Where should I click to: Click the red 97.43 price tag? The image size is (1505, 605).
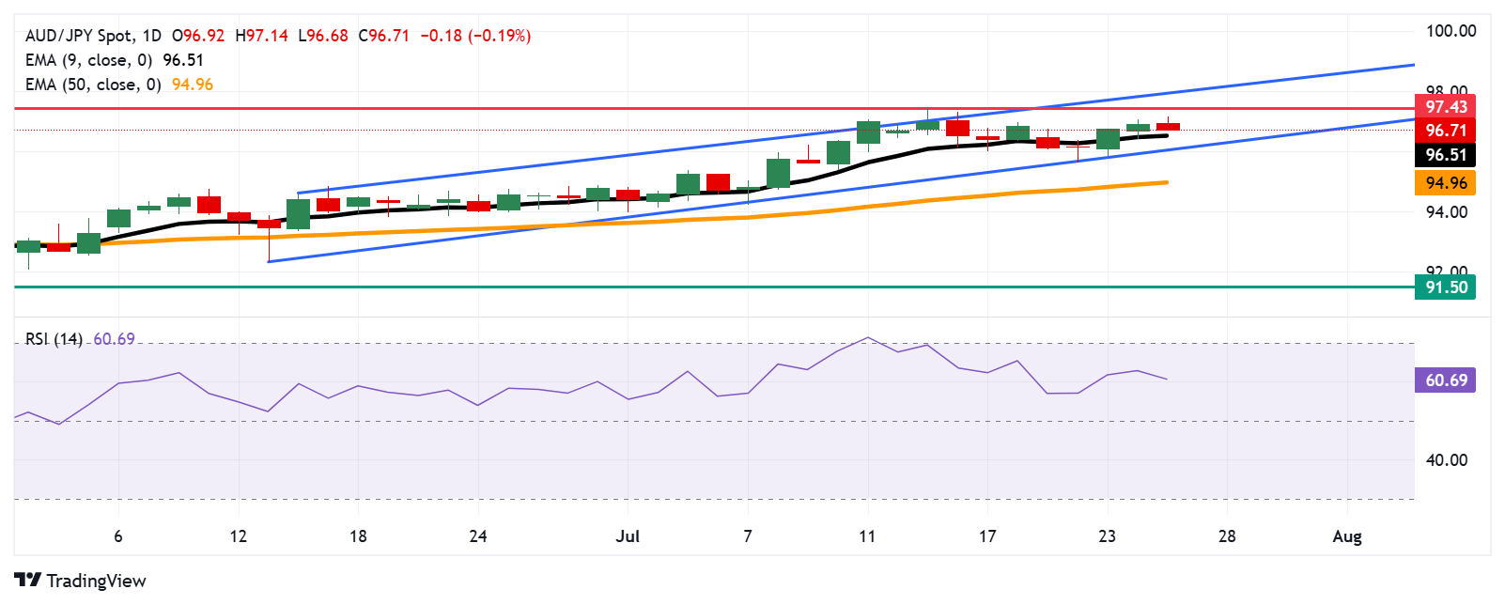coord(1445,107)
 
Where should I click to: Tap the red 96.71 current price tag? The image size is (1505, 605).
coord(1445,131)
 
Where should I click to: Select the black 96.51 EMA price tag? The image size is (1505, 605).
coord(1445,155)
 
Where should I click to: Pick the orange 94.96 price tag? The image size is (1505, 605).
coord(1445,183)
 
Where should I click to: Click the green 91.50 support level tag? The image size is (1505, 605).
coord(1445,287)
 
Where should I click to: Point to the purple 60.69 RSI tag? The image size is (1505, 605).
coord(1445,380)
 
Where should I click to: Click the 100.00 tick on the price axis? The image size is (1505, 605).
coord(1451,31)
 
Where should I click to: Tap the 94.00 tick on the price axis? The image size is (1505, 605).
coord(1447,212)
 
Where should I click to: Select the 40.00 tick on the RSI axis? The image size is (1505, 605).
coord(1447,460)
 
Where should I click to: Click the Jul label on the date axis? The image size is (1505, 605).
coord(628,536)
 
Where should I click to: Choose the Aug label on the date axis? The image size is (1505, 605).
coord(1347,536)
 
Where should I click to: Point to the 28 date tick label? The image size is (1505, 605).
coord(1227,536)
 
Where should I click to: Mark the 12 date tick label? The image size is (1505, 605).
coord(239,536)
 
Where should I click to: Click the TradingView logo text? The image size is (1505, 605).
coord(96,581)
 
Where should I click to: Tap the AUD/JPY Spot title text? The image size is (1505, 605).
coord(79,36)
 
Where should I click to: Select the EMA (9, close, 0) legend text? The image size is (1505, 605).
coord(88,60)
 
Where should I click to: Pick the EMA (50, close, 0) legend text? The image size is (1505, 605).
coord(93,85)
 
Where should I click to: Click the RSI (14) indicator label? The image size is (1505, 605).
coord(54,339)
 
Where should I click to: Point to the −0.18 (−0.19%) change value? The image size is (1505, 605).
coord(475,36)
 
